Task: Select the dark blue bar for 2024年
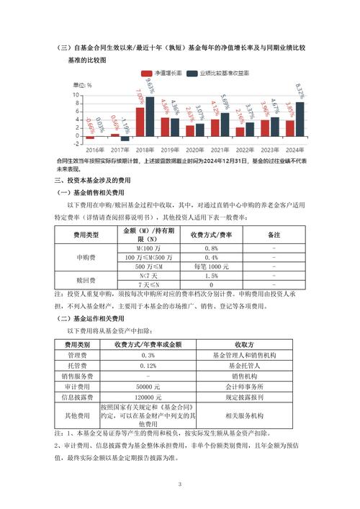point(299,119)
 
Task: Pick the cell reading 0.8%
point(212,248)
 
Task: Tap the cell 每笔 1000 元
point(212,266)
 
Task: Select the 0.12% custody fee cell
point(148,365)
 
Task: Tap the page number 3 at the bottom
point(180,485)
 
